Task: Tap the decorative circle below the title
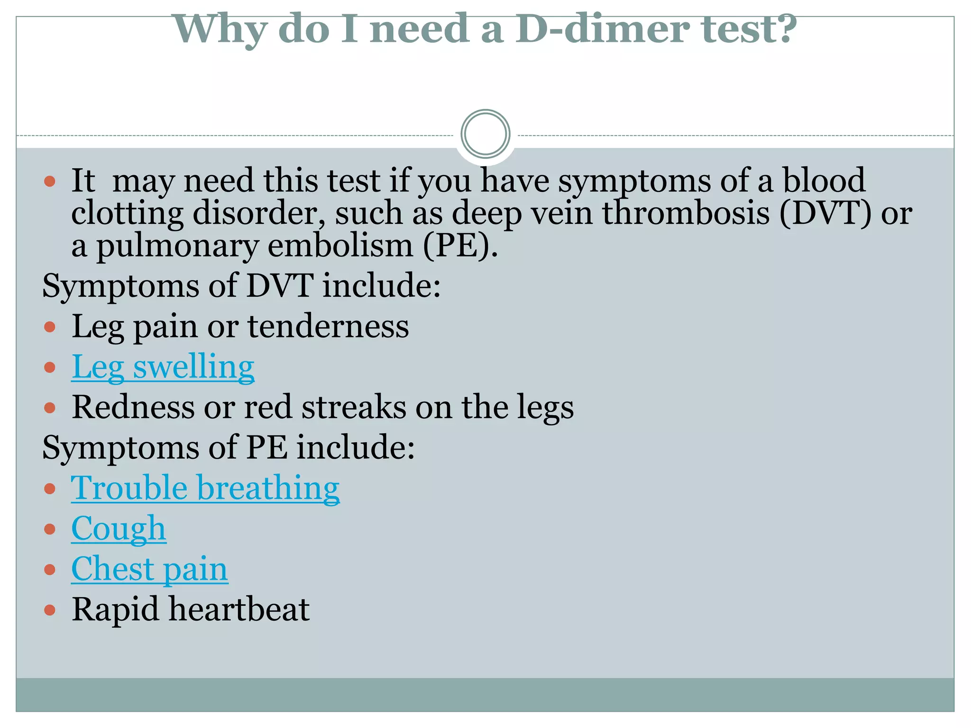(485, 134)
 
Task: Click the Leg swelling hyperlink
(163, 367)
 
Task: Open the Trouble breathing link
(205, 488)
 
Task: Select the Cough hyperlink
(119, 528)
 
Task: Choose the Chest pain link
(149, 569)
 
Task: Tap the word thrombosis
(686, 213)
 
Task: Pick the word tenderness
(328, 327)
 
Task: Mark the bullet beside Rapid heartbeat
(50, 610)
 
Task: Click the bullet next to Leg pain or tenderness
(50, 327)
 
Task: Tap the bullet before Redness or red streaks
(50, 408)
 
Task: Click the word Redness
(133, 408)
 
